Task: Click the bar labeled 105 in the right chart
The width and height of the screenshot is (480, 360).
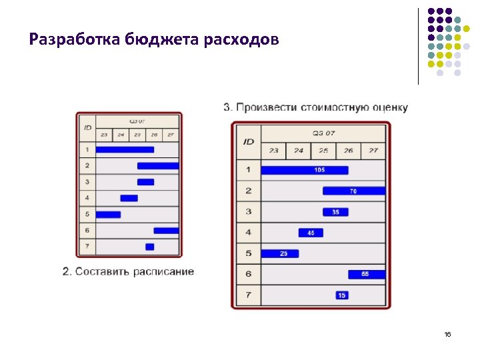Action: click(x=304, y=170)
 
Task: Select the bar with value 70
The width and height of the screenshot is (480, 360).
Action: click(x=353, y=191)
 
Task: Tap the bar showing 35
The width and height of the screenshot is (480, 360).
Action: click(x=335, y=212)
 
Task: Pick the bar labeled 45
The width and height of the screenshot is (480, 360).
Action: click(x=311, y=233)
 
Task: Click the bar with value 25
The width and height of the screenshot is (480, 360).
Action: click(x=280, y=253)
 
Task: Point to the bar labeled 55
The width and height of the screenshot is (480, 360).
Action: click(x=366, y=274)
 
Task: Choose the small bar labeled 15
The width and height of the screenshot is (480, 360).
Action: click(x=342, y=295)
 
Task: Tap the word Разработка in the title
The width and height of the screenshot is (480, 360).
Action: click(x=74, y=39)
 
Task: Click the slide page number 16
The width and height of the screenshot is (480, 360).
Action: click(x=447, y=334)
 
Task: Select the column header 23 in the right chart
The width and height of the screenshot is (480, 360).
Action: click(x=273, y=151)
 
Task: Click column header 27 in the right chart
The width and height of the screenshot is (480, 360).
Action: click(x=373, y=151)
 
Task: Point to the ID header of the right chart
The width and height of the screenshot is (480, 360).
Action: click(x=249, y=141)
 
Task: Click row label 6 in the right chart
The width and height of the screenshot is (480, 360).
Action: click(x=249, y=274)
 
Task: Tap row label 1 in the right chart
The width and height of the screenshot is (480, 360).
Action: click(x=249, y=170)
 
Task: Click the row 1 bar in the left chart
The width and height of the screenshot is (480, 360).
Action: click(x=125, y=149)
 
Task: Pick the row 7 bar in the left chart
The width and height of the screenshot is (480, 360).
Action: click(x=149, y=247)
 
